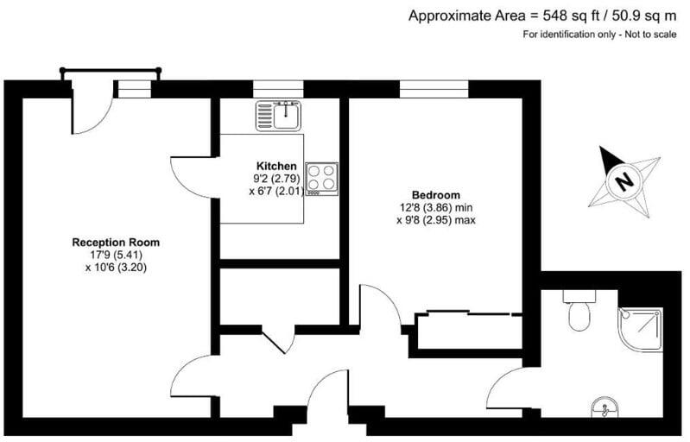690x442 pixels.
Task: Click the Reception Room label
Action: (x=116, y=243)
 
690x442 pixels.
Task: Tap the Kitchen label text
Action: (x=276, y=167)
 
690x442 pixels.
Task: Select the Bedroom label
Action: (x=436, y=194)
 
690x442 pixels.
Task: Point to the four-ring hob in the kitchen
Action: (x=321, y=178)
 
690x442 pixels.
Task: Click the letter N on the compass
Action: (x=624, y=181)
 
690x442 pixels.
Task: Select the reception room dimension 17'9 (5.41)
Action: (x=116, y=255)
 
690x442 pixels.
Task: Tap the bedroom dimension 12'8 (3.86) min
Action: (x=436, y=207)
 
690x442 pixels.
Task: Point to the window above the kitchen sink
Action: (x=277, y=88)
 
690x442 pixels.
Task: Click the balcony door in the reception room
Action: (x=91, y=112)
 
